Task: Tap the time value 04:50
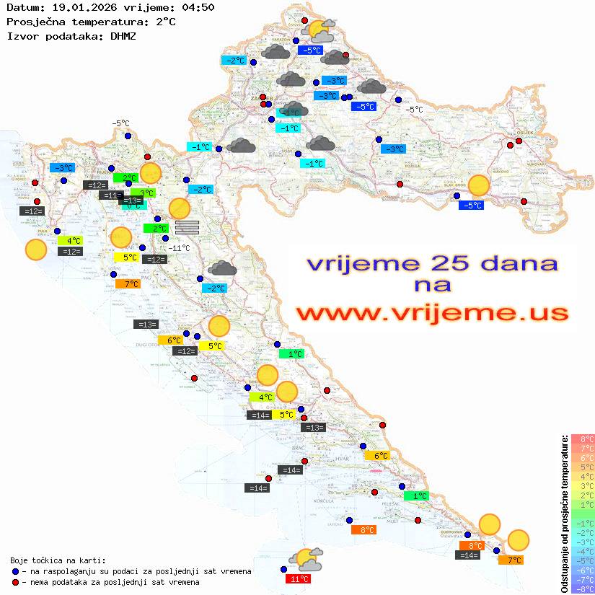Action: (x=197, y=7)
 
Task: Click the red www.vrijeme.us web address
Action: (x=431, y=312)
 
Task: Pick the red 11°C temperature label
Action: (x=299, y=579)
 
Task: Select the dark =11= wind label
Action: (x=110, y=195)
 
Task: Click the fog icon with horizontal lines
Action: (x=187, y=227)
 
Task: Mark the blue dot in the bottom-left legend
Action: (x=16, y=571)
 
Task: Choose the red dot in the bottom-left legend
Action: (x=16, y=582)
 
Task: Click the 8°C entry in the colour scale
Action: (x=583, y=438)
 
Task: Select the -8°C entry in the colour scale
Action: (x=583, y=589)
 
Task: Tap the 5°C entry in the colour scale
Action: (x=583, y=467)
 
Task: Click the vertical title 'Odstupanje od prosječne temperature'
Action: (x=564, y=514)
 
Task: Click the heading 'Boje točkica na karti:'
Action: (x=58, y=560)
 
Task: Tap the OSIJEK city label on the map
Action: (x=522, y=133)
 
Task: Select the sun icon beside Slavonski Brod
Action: (x=478, y=185)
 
